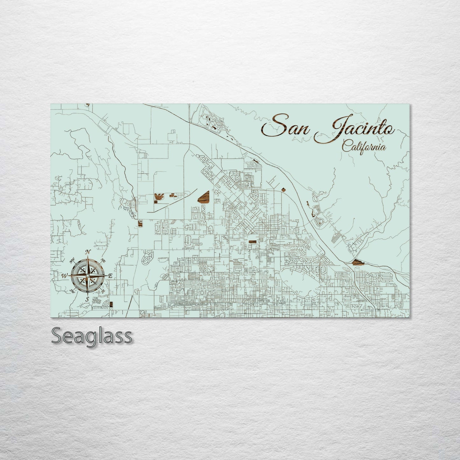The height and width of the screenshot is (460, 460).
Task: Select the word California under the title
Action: [x=364, y=147]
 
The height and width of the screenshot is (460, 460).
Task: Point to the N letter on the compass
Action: [x=88, y=252]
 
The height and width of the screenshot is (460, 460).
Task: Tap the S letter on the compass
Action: [x=87, y=299]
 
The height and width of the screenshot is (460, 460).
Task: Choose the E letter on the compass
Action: [x=110, y=276]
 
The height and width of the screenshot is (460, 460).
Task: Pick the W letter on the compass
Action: [x=65, y=276]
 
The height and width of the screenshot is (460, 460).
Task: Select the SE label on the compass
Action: [x=103, y=291]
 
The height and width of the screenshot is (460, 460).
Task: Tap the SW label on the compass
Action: [x=72, y=290]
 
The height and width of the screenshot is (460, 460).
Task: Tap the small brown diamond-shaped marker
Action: [x=283, y=190]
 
